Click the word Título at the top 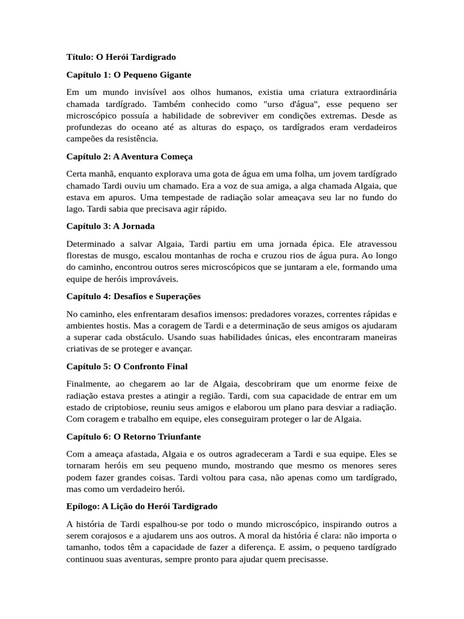78,57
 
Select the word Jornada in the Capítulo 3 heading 140,226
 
